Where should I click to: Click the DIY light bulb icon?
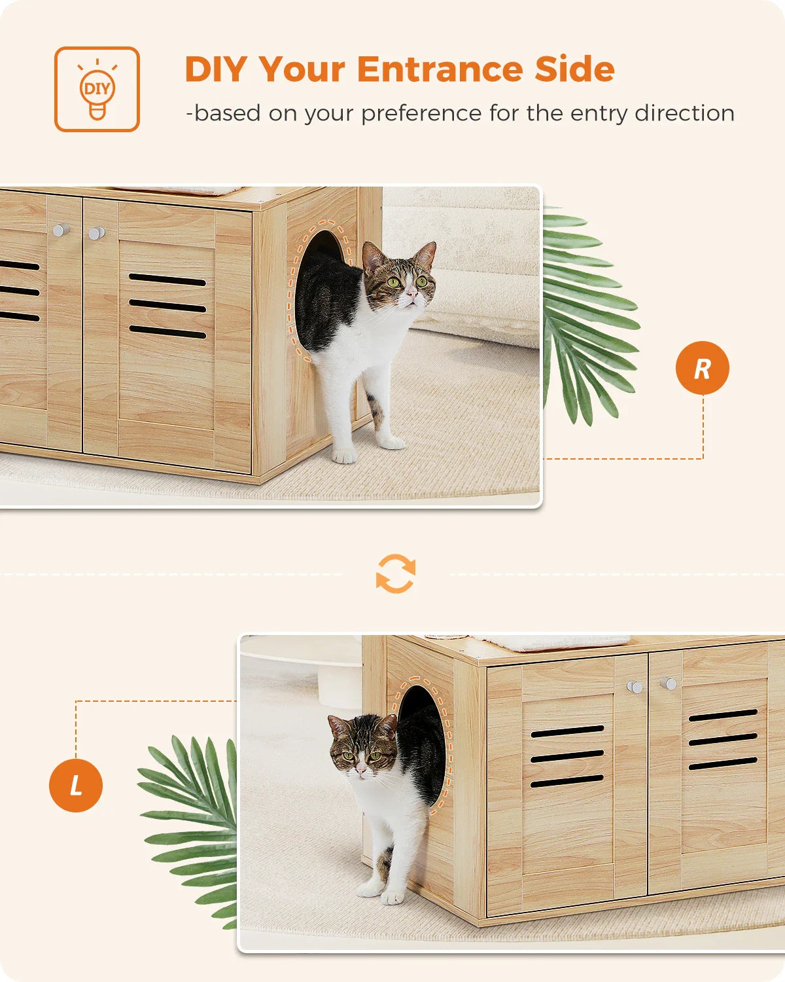coord(97,90)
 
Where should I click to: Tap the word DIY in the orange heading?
coord(217,69)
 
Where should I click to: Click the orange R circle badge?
coord(702,368)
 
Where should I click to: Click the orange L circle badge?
coord(76,785)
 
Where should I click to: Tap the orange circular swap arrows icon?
coord(396,574)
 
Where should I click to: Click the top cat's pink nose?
coord(410,295)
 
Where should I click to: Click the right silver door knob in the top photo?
coord(96,233)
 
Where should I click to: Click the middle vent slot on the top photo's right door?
coord(167,306)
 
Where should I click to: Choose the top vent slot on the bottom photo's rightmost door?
coord(722,716)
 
